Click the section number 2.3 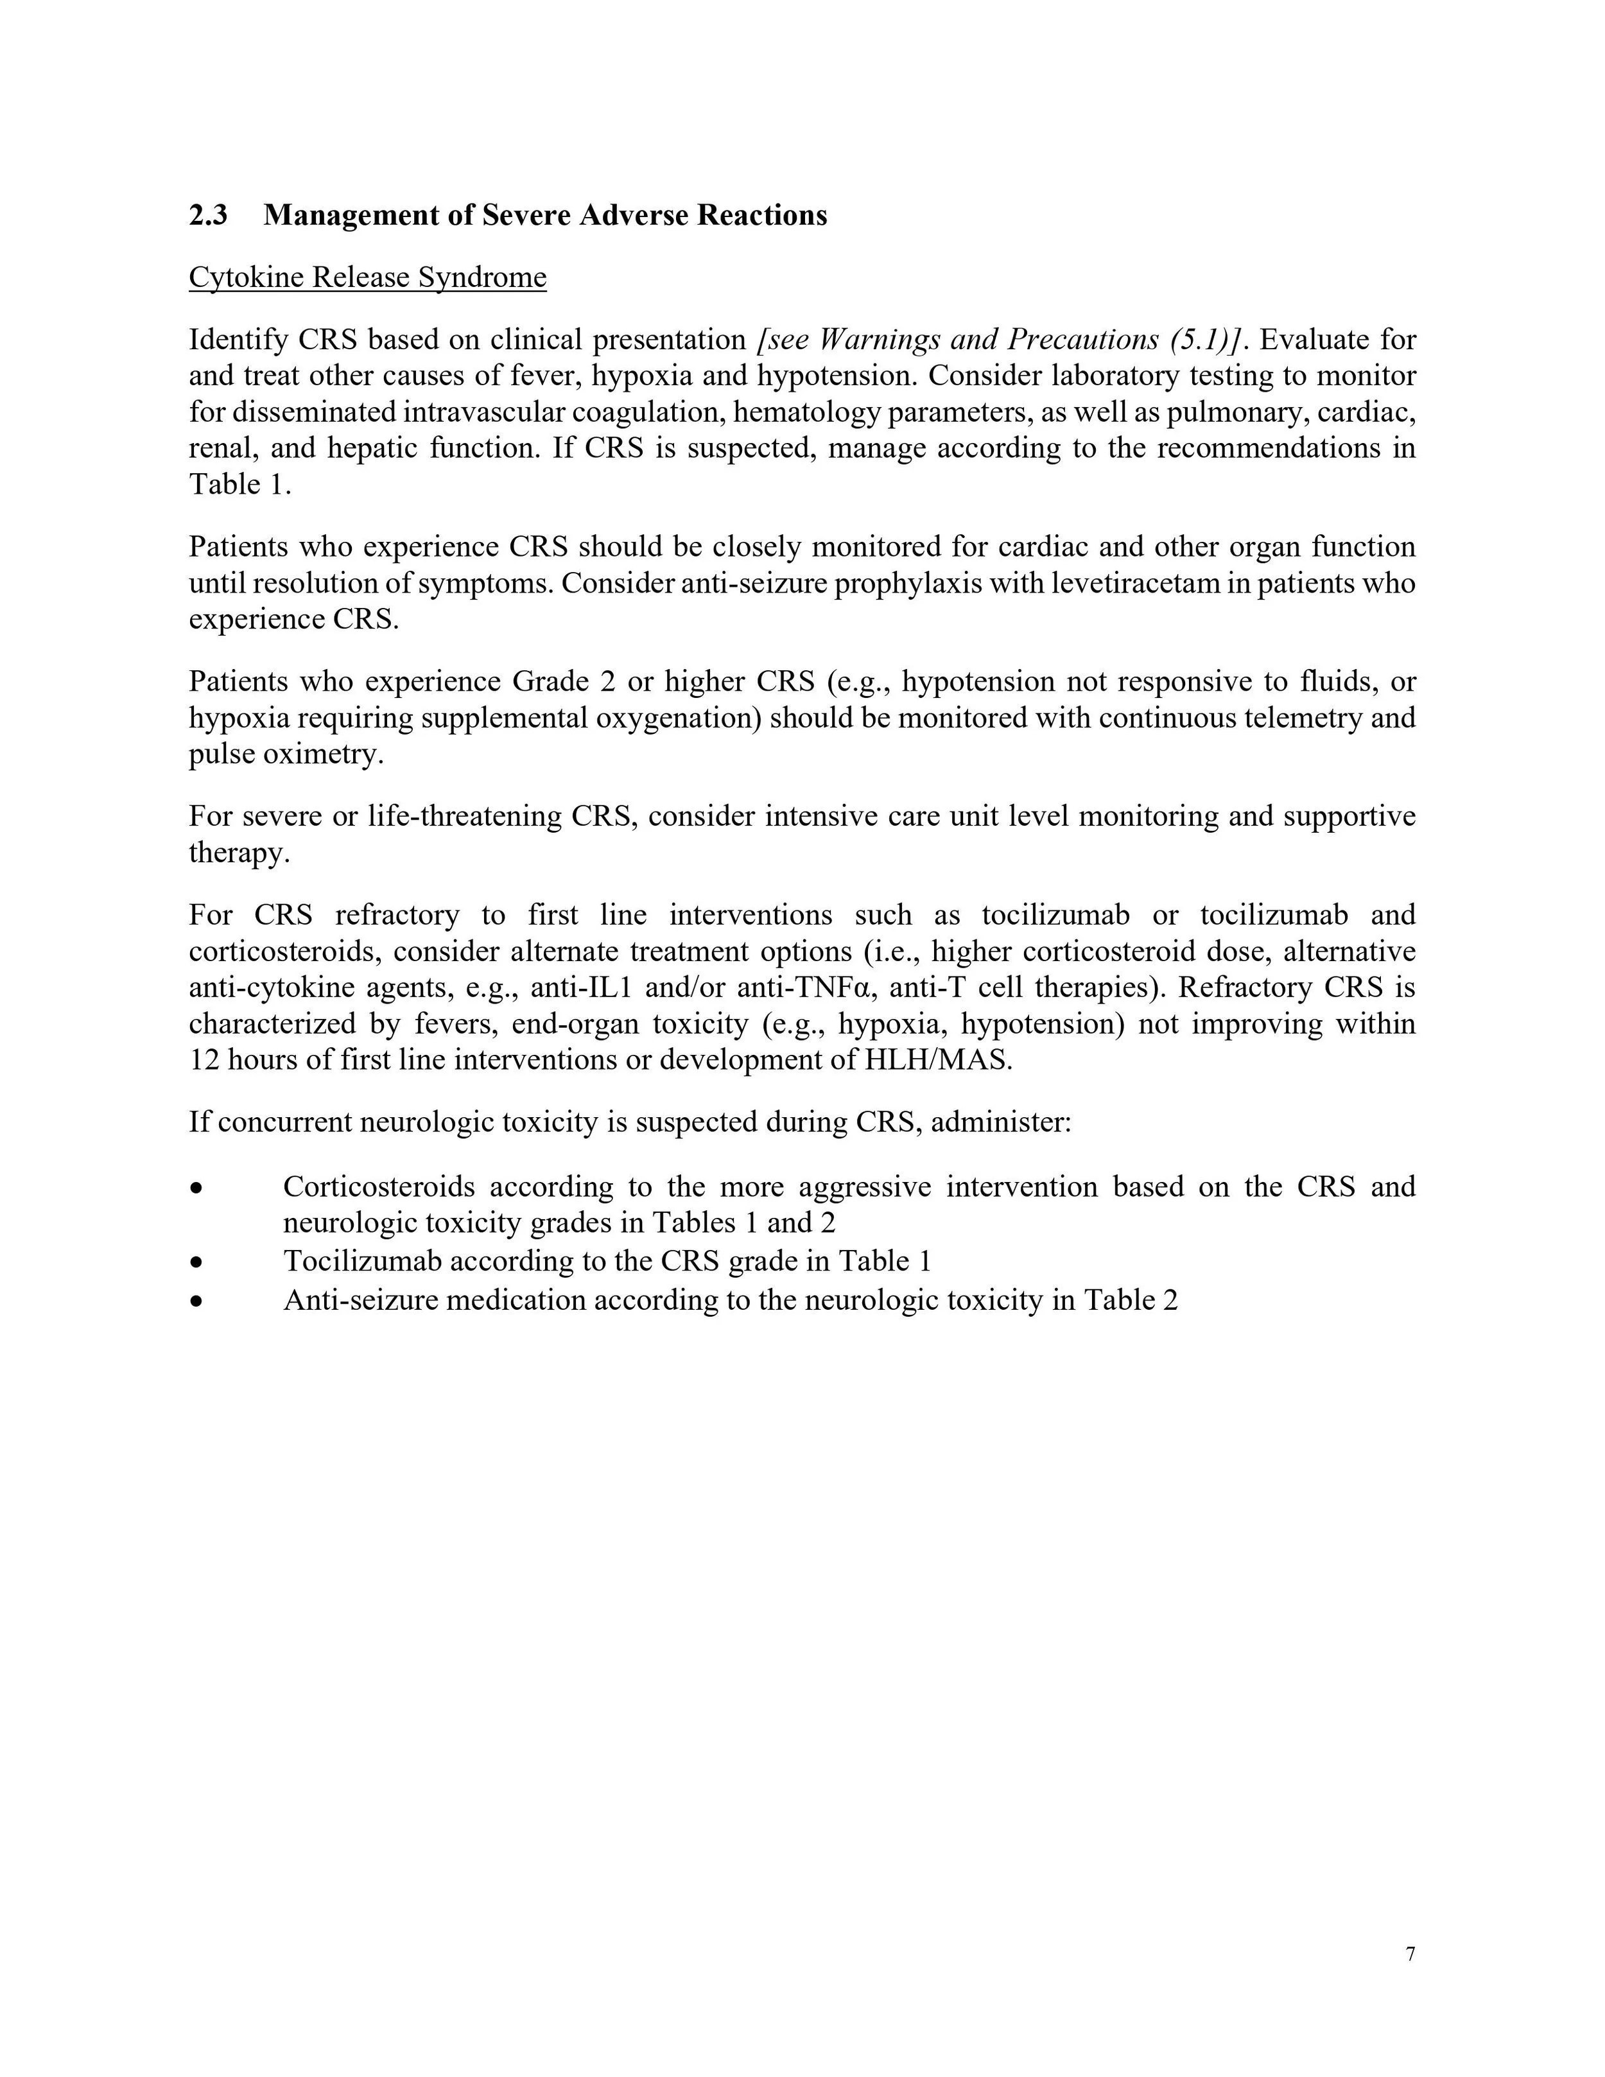coord(207,215)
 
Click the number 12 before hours coord(204,1059)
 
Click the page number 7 coord(1410,1954)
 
